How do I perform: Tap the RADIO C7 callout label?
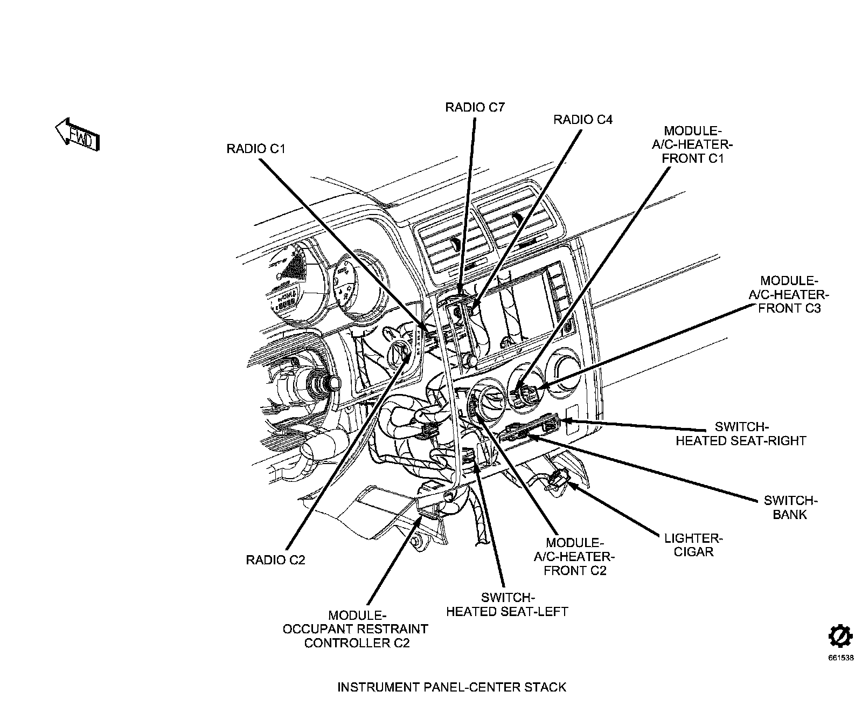point(475,107)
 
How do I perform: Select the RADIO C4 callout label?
point(582,119)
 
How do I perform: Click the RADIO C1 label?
point(255,148)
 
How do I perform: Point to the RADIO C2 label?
point(275,560)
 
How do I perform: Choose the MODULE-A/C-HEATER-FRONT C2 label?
point(575,556)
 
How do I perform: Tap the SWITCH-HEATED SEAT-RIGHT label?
point(741,434)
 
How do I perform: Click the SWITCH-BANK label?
point(790,507)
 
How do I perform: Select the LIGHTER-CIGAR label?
point(693,545)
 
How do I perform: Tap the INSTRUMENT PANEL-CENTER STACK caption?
point(451,687)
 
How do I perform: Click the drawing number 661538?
point(840,658)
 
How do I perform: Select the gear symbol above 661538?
point(840,638)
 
